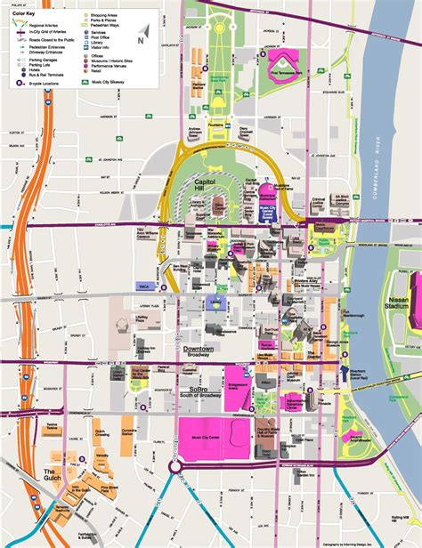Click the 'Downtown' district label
tap(202, 350)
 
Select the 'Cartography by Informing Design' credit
tap(392, 543)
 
